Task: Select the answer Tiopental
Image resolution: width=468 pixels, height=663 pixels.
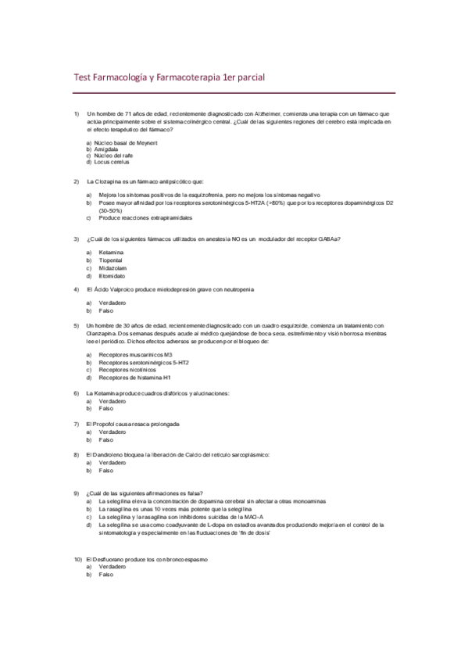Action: coord(112,260)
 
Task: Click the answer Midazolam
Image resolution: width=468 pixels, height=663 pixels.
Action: coord(113,268)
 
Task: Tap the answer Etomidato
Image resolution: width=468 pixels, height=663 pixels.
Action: coord(113,276)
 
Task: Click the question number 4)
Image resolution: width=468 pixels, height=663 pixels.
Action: coord(77,289)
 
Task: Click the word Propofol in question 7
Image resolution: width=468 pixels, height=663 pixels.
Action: coord(109,424)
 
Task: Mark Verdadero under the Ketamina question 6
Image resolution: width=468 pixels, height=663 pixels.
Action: coord(113,400)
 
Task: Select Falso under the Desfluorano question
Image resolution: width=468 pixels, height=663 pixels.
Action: coord(105,575)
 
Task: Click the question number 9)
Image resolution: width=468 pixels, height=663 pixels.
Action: coord(77,493)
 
